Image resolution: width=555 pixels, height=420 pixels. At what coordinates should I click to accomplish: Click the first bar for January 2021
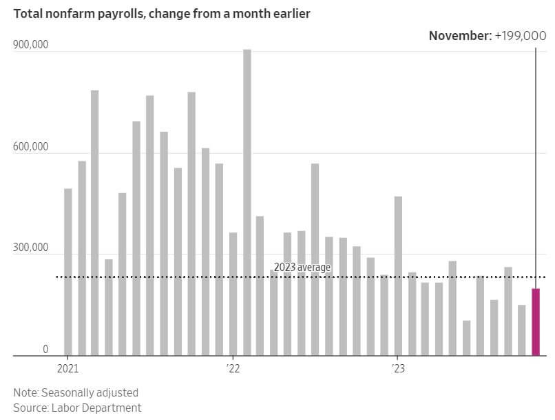[x=67, y=272]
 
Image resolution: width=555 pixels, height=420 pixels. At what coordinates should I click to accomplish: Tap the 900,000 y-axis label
[x=31, y=45]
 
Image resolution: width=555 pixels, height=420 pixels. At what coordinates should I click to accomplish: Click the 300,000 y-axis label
[x=31, y=248]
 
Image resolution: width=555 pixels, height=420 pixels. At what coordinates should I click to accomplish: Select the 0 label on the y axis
[x=45, y=349]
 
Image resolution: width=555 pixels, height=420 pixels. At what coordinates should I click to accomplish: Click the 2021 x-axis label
[x=67, y=368]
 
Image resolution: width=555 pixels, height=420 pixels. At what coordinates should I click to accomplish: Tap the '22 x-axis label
[x=233, y=368]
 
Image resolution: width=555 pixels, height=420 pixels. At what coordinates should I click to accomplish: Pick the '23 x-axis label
[x=398, y=368]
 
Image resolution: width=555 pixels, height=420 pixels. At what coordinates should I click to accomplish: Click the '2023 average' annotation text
[x=302, y=268]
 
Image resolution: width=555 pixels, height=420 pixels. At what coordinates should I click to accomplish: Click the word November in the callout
[x=459, y=36]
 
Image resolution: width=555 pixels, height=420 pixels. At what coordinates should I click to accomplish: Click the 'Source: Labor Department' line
[x=77, y=408]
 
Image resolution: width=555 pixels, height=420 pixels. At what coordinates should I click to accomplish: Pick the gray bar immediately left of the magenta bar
[x=521, y=330]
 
